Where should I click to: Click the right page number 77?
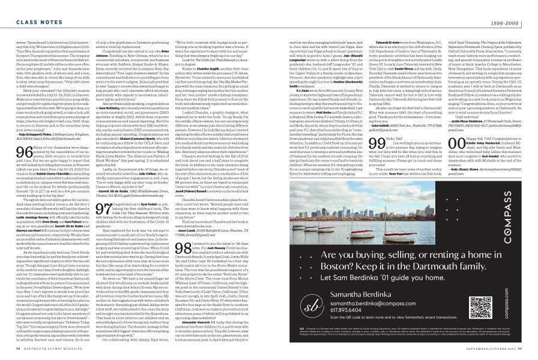tap(531, 354)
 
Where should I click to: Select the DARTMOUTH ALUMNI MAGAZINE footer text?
tap(40, 354)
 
